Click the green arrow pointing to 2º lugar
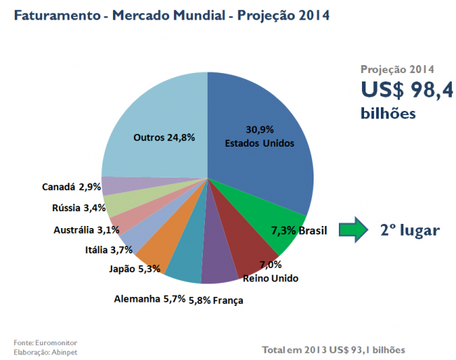pos(354,229)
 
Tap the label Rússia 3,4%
pos(79,208)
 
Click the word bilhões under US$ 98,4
pos(389,112)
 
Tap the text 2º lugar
pos(410,229)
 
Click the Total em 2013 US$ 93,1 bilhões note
pos(333,349)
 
